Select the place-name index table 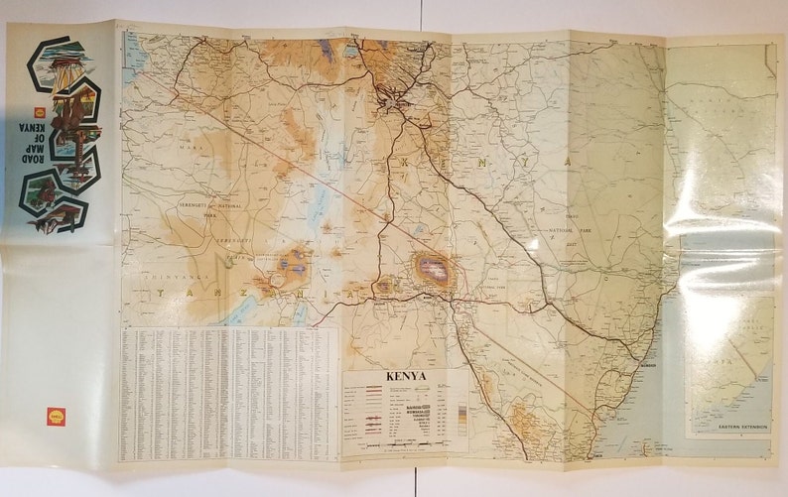point(229,394)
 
